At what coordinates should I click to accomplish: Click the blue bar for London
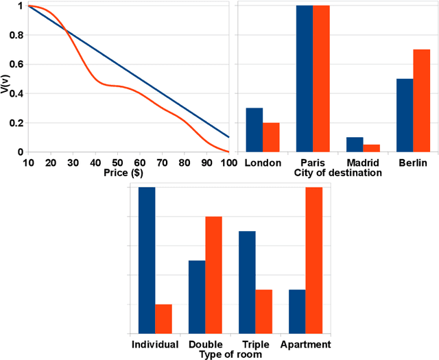254,130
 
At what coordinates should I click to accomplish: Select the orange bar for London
271,137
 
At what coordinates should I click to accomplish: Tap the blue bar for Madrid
355,145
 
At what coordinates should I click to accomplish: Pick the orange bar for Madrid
371,148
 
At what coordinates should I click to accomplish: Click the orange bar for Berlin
421,101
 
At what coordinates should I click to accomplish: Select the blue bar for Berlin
405,115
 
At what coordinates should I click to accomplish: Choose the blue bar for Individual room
147,260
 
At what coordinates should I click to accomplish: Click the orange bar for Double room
213,275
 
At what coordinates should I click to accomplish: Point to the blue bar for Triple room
247,282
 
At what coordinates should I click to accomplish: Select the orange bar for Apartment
313,260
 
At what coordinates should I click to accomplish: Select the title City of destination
337,173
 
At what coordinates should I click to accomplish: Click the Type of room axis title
230,355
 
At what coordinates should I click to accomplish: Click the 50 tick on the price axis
117,162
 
